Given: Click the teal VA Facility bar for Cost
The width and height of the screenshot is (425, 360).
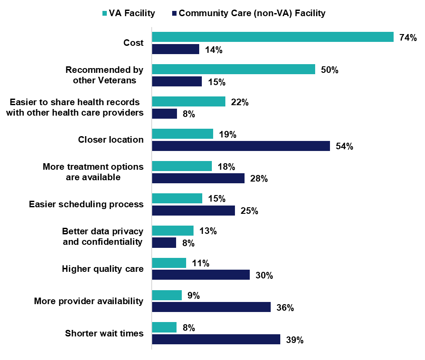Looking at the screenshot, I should point(272,37).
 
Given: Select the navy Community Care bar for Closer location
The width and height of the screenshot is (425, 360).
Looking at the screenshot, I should point(241,146).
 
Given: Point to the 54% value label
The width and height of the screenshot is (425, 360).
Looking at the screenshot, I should point(344,146).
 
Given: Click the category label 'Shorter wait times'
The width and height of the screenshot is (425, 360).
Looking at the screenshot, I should point(104,333).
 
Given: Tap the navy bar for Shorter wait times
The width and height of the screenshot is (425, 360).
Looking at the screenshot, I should point(216,339).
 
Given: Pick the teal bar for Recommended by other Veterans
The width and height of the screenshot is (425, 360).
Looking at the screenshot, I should point(233,69).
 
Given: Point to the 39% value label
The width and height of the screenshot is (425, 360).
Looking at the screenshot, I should point(295,340).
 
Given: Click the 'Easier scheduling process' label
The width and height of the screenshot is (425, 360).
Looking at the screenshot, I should point(86,204).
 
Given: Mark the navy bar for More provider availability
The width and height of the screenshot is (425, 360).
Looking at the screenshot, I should point(211,307).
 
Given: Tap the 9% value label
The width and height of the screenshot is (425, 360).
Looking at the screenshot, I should point(193,295).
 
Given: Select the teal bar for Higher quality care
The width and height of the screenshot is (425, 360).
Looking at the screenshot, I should point(169,263).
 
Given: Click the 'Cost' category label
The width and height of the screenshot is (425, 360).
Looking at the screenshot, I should point(133,43).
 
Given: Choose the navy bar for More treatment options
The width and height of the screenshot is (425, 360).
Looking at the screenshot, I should point(198,178).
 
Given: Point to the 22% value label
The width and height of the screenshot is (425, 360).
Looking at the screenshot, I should point(240,102).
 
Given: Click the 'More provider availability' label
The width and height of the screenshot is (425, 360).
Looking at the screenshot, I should point(89,301).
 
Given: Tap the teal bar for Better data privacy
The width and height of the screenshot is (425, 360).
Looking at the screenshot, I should point(172,230).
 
